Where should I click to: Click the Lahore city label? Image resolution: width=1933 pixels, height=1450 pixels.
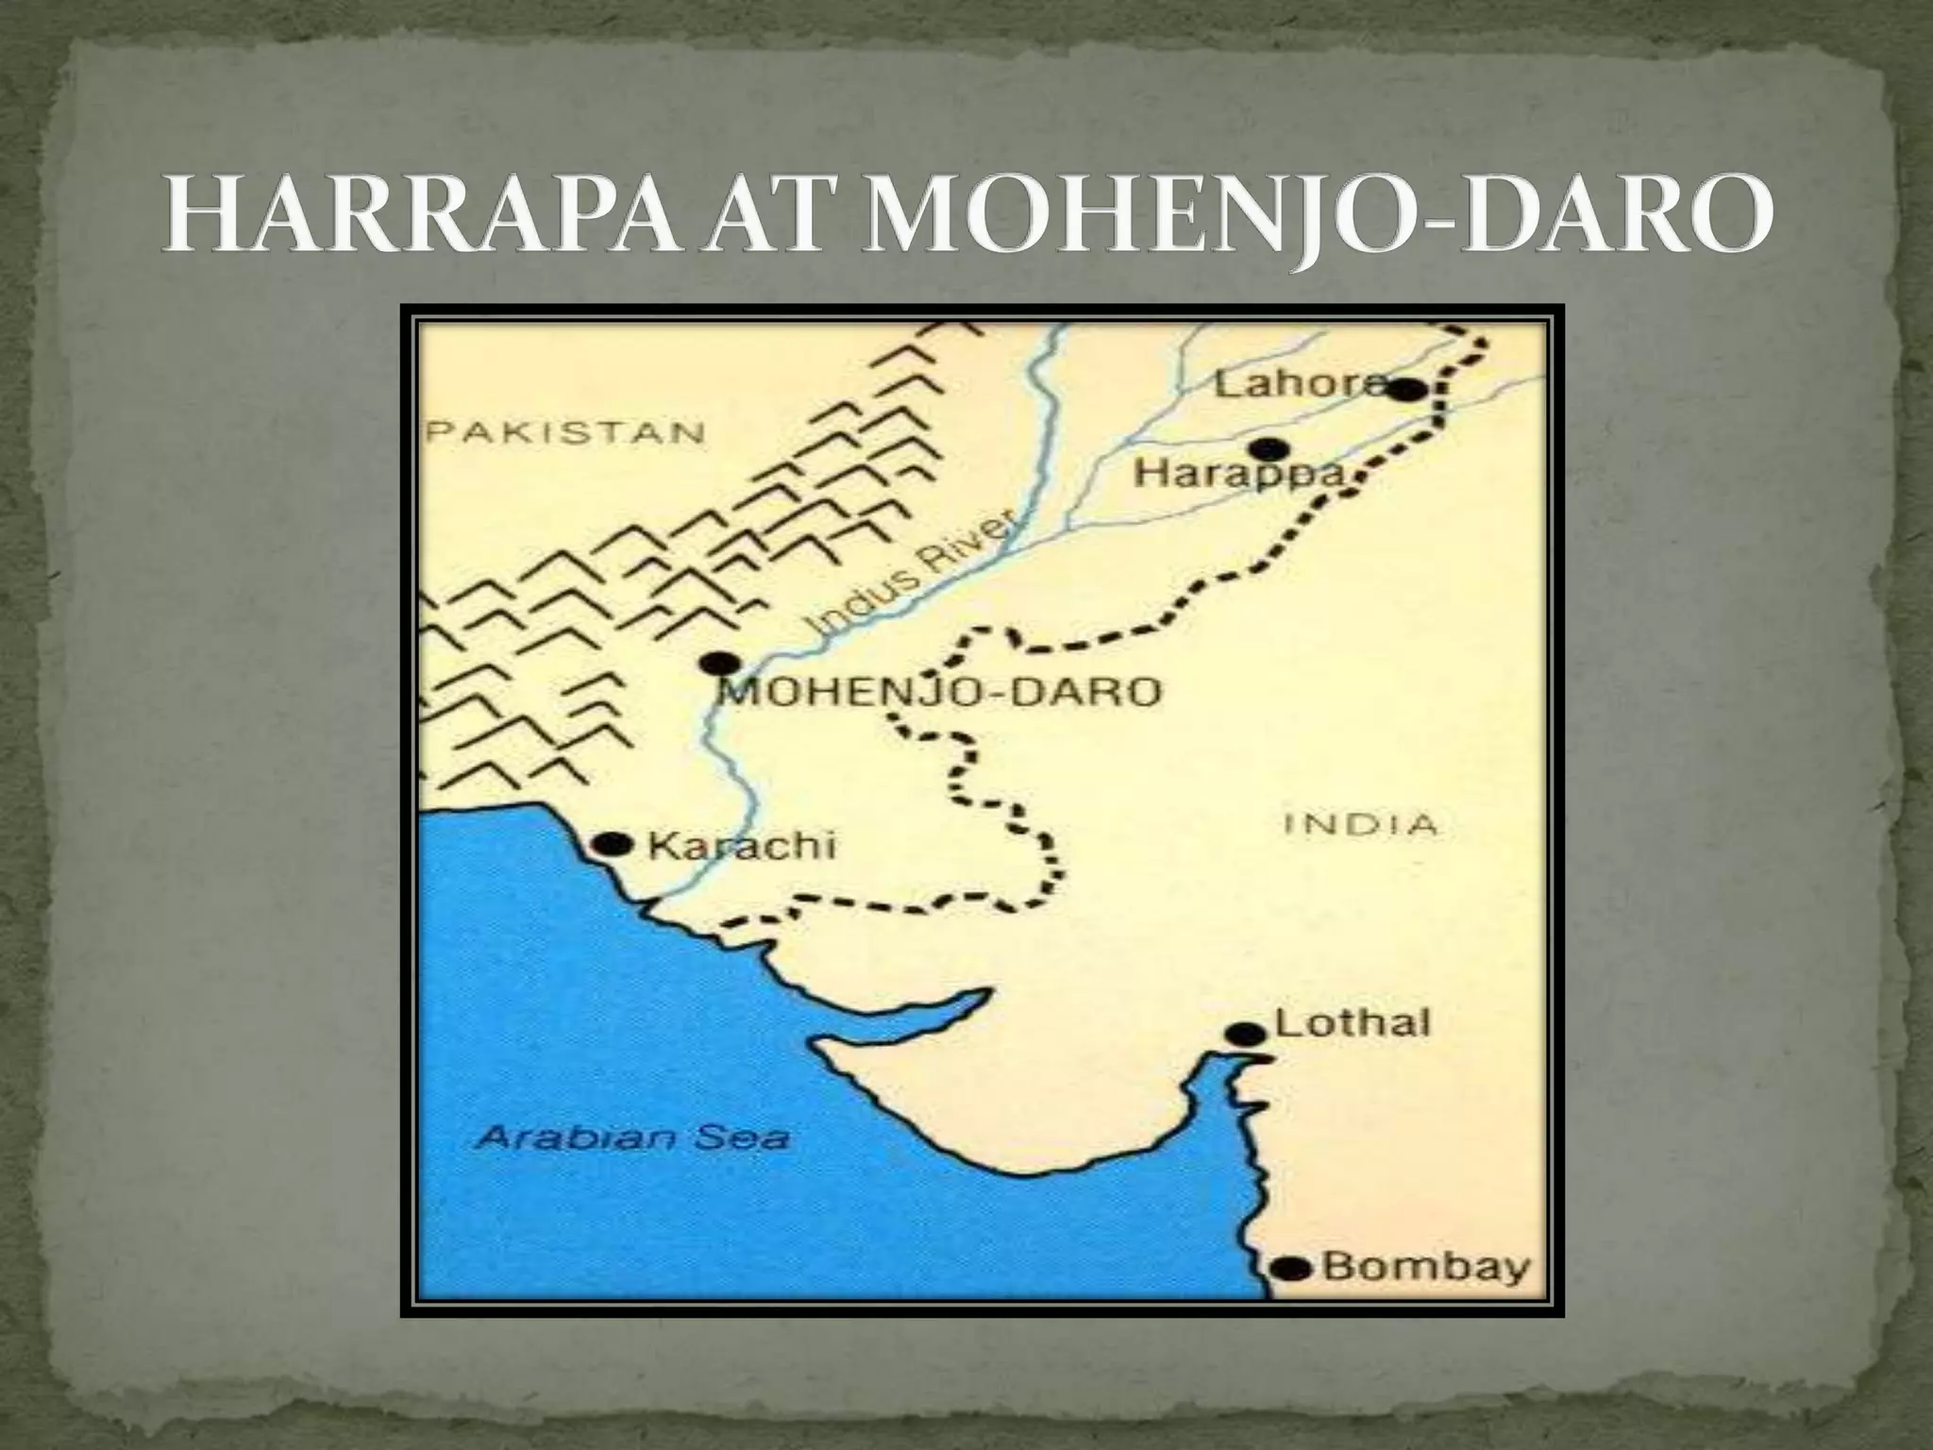(1299, 385)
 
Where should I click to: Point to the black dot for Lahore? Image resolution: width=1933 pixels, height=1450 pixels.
(1408, 390)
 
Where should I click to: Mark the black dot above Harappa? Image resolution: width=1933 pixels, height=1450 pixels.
(1269, 449)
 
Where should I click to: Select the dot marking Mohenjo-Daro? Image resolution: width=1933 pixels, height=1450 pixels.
(720, 663)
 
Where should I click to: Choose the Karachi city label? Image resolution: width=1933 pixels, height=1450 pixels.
(742, 845)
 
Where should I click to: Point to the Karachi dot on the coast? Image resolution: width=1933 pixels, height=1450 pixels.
(614, 844)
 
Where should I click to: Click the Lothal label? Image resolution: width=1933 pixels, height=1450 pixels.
(1352, 1023)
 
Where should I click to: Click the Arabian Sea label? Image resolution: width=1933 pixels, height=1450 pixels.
(631, 1138)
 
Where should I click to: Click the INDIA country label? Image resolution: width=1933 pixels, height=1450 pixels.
(1360, 825)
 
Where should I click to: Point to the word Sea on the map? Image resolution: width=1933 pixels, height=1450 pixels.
(741, 1138)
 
